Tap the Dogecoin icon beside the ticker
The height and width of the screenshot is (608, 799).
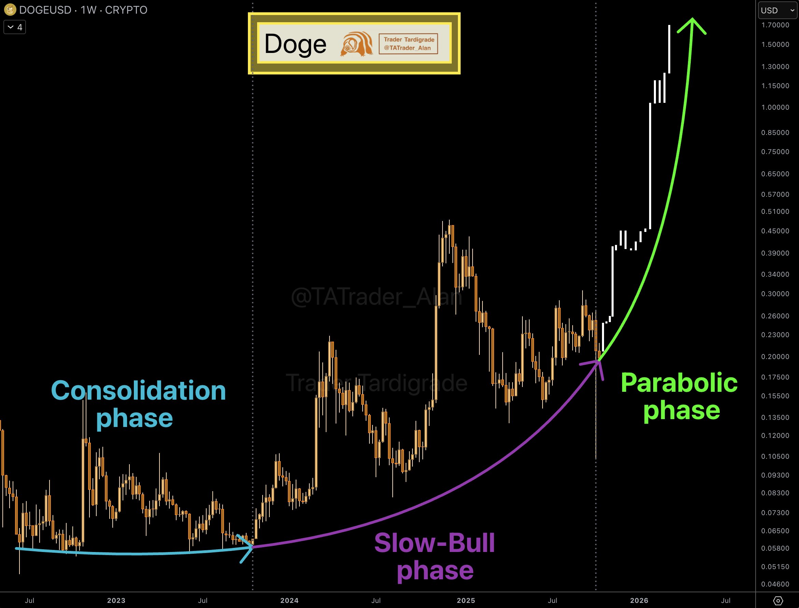[x=10, y=10]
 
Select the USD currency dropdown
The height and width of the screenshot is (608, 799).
[x=777, y=10]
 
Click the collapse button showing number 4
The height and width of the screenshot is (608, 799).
[x=15, y=27]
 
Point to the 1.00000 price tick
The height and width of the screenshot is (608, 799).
[x=775, y=108]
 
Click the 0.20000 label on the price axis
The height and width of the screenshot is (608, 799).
[x=775, y=357]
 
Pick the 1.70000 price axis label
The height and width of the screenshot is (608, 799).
[x=775, y=25]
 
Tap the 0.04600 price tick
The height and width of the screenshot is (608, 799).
[x=775, y=584]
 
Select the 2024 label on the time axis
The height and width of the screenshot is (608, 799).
[x=289, y=601]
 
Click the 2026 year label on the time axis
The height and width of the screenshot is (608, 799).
[x=639, y=601]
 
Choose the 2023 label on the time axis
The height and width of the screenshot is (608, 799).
[x=116, y=601]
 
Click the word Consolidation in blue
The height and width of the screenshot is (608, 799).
[x=139, y=390]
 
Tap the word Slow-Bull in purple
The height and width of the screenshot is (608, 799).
[x=434, y=543]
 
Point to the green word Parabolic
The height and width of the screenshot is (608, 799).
[x=679, y=383]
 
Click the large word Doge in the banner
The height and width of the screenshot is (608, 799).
[x=295, y=44]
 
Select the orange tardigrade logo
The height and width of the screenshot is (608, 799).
[x=356, y=44]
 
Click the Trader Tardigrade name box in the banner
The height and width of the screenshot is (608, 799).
[x=408, y=44]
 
